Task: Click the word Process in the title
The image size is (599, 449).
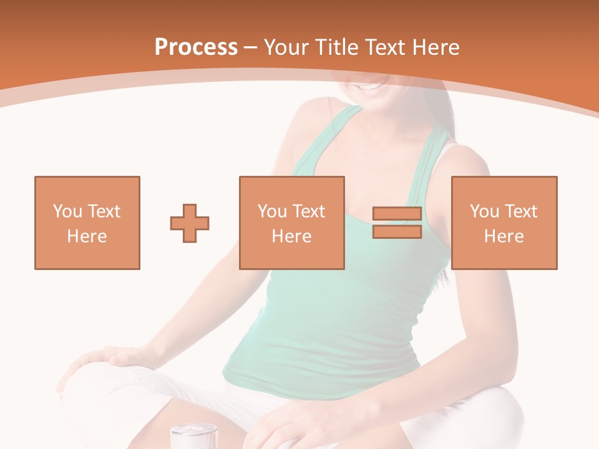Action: pos(196,47)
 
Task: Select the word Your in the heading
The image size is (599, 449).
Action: pos(287,47)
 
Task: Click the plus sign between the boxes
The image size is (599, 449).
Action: pos(190,223)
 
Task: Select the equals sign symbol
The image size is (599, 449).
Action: pos(397,223)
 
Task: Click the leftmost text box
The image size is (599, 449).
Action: pos(87,223)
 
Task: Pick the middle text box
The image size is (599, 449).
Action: pos(292,223)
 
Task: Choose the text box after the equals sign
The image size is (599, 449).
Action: pos(504,223)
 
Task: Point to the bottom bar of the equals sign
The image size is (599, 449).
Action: pos(397,232)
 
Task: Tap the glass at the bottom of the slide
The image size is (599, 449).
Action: pos(193,436)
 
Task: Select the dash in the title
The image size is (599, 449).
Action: pos(251,47)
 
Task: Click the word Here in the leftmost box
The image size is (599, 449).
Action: pos(87,236)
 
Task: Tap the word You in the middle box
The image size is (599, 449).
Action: pos(271,211)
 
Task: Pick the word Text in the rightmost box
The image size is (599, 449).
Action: pos(520,211)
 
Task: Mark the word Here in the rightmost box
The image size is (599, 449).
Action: pos(504,236)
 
